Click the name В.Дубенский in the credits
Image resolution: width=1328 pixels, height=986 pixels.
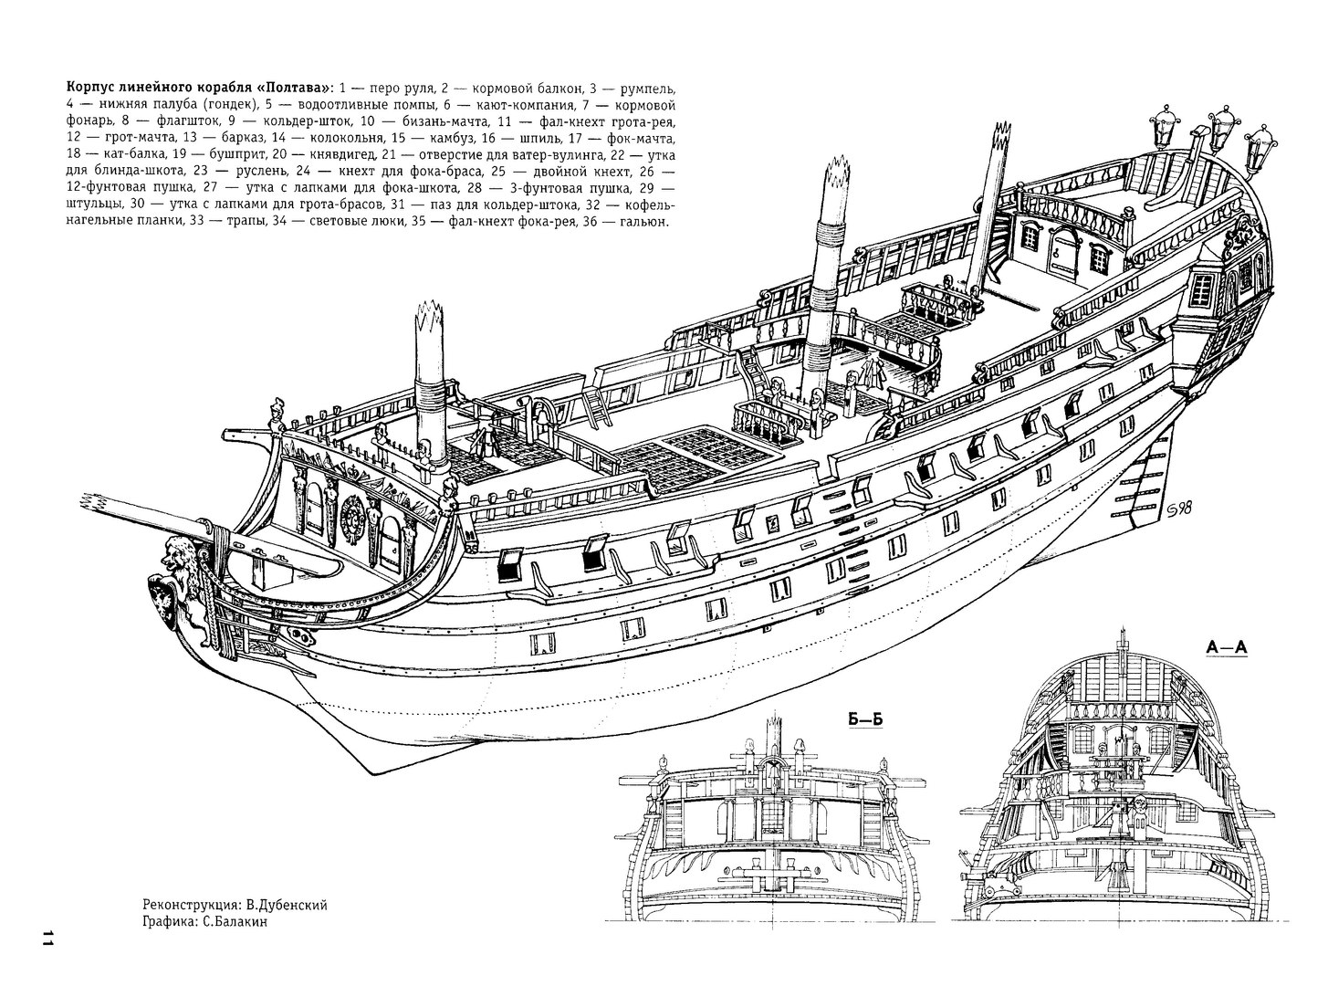(x=286, y=905)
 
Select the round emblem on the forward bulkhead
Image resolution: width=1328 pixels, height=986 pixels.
(x=352, y=522)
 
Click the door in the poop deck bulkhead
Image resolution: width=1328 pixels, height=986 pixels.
(x=1064, y=252)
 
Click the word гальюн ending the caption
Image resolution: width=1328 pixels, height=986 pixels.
(x=643, y=221)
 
